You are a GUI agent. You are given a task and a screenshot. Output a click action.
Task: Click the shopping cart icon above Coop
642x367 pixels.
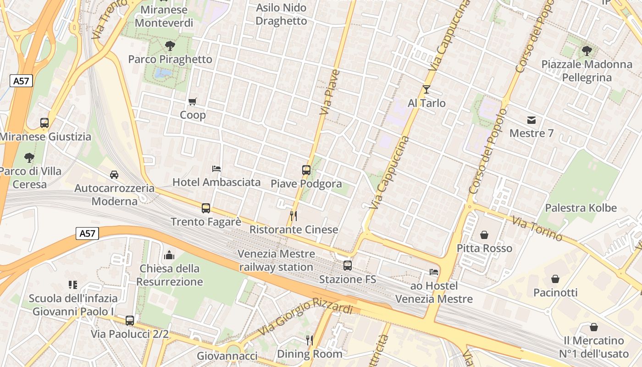pyautogui.click(x=192, y=101)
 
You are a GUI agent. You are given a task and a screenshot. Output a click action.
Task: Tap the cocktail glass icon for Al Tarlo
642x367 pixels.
pyautogui.click(x=426, y=89)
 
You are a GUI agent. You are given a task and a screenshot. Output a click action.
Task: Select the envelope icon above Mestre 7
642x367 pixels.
pyautogui.click(x=531, y=120)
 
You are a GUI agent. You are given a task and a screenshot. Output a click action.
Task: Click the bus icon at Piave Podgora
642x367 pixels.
pyautogui.click(x=306, y=170)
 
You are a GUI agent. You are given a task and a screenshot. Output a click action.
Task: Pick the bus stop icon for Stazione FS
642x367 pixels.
pyautogui.click(x=348, y=266)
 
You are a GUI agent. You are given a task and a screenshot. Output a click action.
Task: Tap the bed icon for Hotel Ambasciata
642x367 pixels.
pyautogui.click(x=216, y=169)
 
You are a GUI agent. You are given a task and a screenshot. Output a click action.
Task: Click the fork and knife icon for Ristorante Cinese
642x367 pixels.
pyautogui.click(x=293, y=216)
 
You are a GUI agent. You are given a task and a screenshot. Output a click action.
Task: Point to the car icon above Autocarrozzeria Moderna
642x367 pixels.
pyautogui.click(x=114, y=175)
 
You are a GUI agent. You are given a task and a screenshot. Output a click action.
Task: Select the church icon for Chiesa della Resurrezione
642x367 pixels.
pyautogui.click(x=169, y=255)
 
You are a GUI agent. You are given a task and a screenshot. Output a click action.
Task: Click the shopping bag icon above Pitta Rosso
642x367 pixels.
pyautogui.click(x=484, y=235)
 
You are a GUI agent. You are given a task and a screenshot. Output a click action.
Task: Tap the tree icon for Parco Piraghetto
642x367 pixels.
pyautogui.click(x=170, y=46)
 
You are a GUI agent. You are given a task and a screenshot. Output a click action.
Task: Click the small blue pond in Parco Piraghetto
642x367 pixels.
pyautogui.click(x=163, y=73)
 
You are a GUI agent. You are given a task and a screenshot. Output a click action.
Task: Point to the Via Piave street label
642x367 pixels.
pyautogui.click(x=330, y=92)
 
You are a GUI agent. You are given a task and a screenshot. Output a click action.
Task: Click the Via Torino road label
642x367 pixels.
pyautogui.click(x=537, y=229)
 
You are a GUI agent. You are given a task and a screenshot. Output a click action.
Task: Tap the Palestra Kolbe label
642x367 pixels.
pyautogui.click(x=580, y=208)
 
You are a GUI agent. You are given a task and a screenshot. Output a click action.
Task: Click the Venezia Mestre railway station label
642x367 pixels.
pyautogui.click(x=276, y=260)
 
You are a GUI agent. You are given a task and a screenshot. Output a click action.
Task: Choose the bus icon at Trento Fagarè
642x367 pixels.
pyautogui.click(x=206, y=208)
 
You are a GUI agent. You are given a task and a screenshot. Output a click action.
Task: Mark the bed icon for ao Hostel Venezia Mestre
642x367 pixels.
pyautogui.click(x=433, y=272)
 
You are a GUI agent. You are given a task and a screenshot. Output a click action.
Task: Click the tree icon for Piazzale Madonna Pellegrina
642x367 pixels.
pyautogui.click(x=587, y=51)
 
